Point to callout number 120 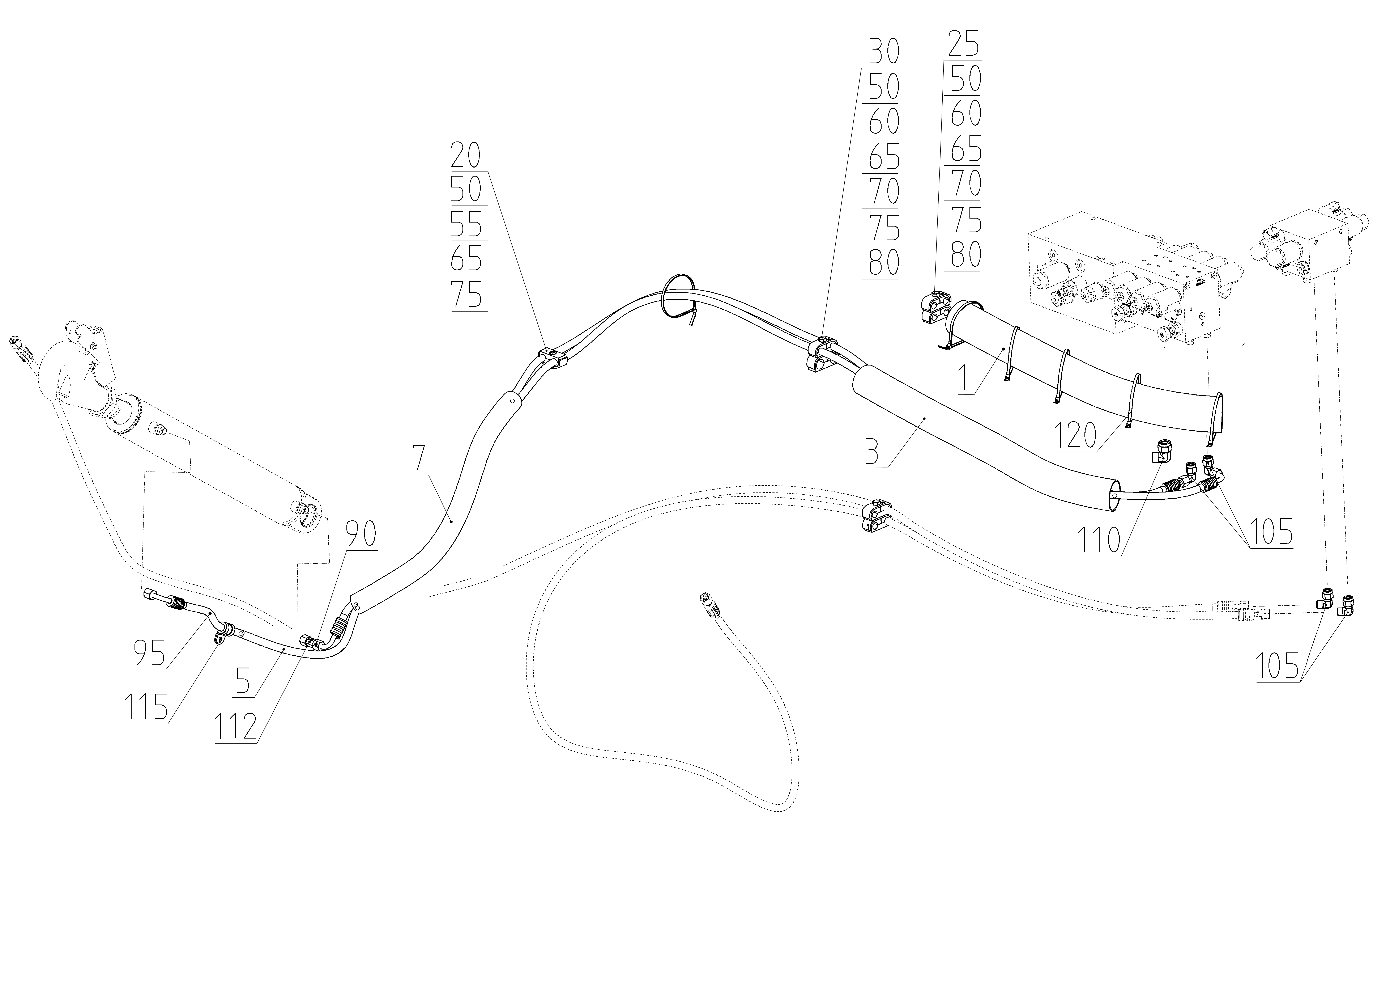[1075, 435]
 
